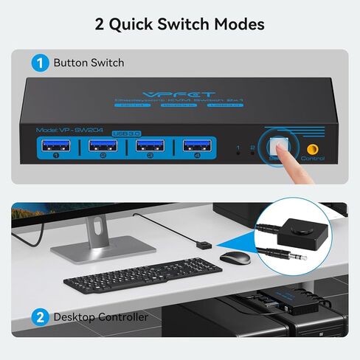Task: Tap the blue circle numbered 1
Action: (40, 62)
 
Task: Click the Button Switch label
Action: (89, 63)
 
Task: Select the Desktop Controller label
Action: (100, 318)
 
